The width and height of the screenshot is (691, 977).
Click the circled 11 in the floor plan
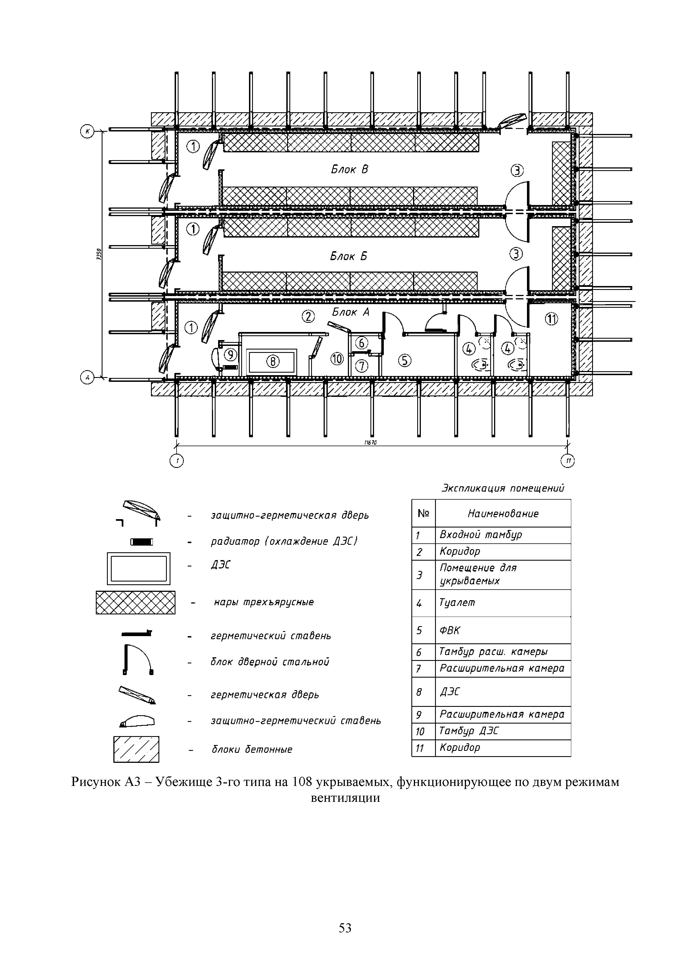click(552, 319)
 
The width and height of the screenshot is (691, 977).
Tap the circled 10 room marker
click(337, 360)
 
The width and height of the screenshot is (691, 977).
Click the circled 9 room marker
click(230, 354)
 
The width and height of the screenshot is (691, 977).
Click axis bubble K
click(87, 131)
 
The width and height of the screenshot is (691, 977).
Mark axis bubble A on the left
click(87, 377)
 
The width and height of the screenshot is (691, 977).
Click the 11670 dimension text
click(370, 443)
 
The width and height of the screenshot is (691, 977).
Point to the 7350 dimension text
click(99, 255)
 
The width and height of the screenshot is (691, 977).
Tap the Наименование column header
click(503, 514)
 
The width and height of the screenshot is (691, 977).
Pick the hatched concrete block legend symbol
click(136, 749)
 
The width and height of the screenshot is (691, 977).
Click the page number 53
click(345, 928)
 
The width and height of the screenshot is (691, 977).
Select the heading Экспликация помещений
click(502, 488)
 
